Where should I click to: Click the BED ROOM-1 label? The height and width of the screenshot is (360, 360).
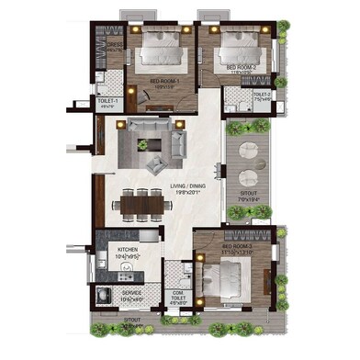tap(165, 81)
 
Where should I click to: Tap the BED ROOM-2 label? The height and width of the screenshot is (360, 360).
tap(240, 68)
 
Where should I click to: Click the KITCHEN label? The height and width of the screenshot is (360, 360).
tap(127, 250)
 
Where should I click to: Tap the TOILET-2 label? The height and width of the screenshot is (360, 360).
tap(263, 93)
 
